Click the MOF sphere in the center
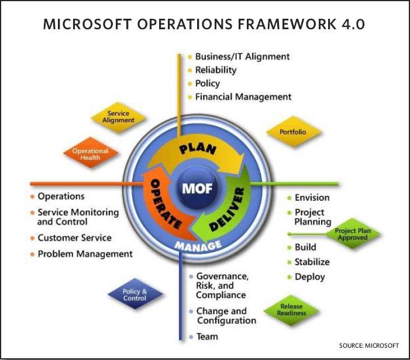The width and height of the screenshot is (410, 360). point(197,187)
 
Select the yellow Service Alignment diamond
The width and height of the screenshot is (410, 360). point(118,117)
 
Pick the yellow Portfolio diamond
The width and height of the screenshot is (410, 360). point(293,132)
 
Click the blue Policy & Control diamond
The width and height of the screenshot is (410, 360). point(135,294)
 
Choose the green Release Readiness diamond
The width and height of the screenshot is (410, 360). point(291,310)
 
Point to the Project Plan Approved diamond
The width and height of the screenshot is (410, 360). point(353,234)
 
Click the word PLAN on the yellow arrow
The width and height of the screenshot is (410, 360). point(198,149)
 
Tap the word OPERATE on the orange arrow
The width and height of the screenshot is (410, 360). point(165,203)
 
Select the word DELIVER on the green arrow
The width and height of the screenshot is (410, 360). point(227,210)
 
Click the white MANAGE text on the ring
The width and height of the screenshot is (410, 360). point(198,245)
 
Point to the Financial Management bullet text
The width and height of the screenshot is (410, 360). point(243,97)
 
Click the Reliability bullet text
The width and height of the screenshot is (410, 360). point(216,70)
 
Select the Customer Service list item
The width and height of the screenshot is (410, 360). point(74,238)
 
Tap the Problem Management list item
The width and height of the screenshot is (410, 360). point(85,254)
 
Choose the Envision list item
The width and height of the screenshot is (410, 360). point(312,197)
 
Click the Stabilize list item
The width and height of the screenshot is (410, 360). point(312,262)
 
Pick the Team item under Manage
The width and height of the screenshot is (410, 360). point(207,337)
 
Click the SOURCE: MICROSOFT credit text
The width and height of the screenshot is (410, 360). point(369,345)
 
